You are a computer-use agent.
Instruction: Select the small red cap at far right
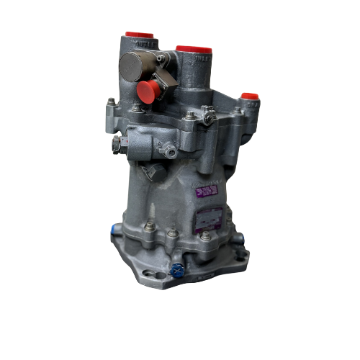pyautogui.click(x=250, y=94)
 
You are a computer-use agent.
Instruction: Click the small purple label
pyautogui.click(x=207, y=190)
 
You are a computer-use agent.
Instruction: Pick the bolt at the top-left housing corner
pyautogui.click(x=112, y=102)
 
